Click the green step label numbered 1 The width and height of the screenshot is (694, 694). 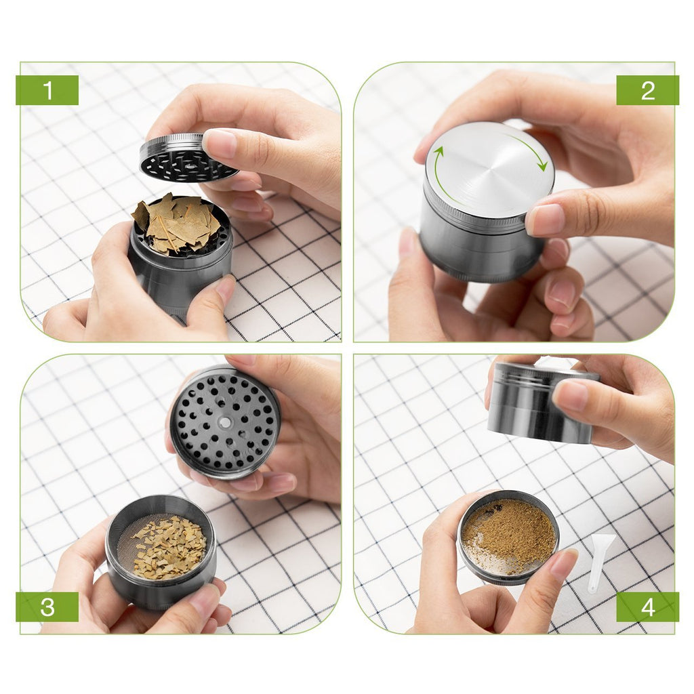[x=47, y=90]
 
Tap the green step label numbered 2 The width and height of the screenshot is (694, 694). [x=647, y=90]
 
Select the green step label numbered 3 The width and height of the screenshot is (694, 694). [x=47, y=607]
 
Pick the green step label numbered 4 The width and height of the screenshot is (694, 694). [x=647, y=607]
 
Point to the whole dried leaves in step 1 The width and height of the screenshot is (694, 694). [x=176, y=224]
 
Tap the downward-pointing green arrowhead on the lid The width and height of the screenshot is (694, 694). [x=542, y=166]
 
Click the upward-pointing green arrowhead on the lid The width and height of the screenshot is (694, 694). [x=438, y=151]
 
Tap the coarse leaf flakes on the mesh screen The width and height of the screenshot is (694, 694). [x=170, y=548]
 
